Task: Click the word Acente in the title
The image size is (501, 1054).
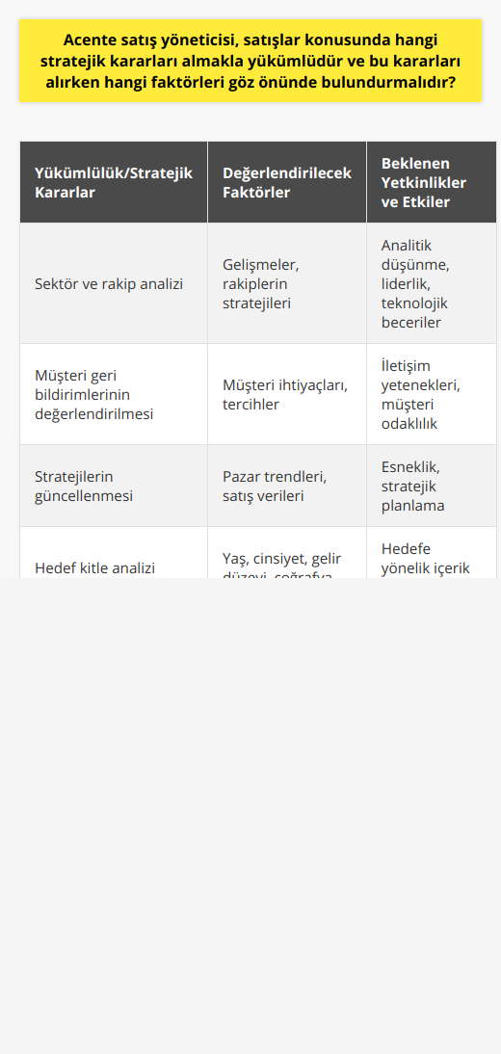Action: click(x=92, y=40)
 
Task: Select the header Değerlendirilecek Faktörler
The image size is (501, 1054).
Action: click(x=286, y=182)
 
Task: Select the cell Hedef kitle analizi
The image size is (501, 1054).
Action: click(x=94, y=567)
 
